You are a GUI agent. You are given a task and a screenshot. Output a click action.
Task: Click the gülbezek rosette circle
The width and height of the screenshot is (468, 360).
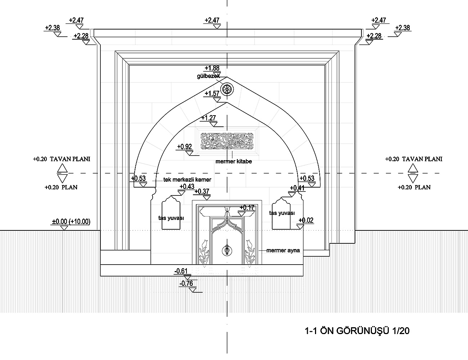227,89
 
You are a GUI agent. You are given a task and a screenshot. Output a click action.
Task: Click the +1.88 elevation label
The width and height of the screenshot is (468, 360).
212,68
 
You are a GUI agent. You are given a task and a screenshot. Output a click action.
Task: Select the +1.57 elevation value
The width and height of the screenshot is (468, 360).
212,94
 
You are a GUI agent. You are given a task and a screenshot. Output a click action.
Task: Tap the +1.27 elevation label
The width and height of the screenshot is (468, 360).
209,118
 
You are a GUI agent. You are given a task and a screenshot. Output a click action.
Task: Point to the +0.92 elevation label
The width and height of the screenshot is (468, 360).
185,147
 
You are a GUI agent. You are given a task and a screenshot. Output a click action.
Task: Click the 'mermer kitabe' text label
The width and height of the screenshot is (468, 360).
234,162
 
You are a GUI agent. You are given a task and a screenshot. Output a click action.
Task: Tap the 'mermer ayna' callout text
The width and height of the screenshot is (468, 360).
283,250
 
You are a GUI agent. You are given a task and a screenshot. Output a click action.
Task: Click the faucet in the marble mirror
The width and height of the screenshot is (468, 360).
227,249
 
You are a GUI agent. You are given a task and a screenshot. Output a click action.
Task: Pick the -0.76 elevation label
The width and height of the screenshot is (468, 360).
186,283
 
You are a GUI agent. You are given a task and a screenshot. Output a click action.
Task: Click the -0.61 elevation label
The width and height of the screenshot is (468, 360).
181,271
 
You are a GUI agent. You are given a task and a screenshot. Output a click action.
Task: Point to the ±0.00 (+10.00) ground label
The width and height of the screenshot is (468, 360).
71,221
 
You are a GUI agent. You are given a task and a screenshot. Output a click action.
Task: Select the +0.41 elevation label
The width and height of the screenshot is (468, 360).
297,188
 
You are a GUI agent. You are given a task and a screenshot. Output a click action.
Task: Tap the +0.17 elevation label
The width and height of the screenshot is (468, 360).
247,207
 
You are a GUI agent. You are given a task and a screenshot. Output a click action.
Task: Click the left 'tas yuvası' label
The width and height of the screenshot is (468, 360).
171,218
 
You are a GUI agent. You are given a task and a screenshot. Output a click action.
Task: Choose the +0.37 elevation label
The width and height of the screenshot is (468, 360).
202,191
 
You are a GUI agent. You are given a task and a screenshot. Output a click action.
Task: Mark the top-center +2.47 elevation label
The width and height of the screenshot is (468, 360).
212,20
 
